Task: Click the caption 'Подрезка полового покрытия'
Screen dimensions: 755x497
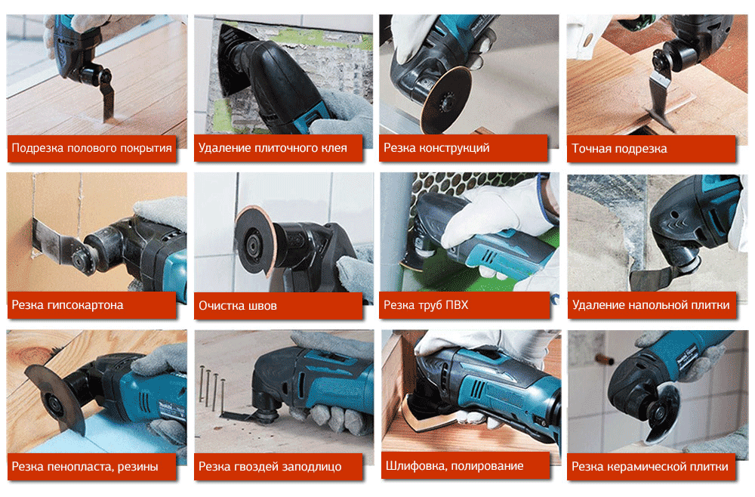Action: [91, 148]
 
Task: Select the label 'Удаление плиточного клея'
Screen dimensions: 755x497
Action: [273, 148]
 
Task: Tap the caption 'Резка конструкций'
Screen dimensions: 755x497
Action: [436, 148]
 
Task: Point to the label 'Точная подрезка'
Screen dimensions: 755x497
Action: [619, 148]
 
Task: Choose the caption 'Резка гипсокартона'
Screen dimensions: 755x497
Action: [67, 305]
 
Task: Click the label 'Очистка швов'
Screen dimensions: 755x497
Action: [238, 305]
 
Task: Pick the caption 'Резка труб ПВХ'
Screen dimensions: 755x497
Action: [426, 305]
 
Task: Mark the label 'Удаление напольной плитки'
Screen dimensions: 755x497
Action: [651, 305]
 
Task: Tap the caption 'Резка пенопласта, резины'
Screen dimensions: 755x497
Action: [85, 466]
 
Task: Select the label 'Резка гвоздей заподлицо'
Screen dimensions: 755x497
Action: [270, 466]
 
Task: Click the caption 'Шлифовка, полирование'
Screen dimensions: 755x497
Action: [455, 466]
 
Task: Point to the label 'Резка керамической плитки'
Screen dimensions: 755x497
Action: [650, 466]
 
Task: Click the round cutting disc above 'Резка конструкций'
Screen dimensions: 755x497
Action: [445, 99]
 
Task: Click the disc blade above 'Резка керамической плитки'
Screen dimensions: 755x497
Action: [662, 412]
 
